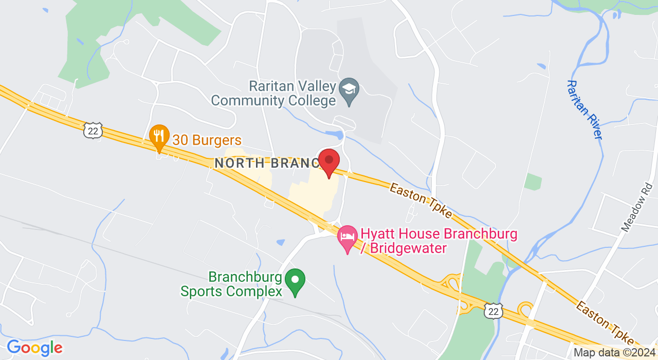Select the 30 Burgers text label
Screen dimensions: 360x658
point(207,140)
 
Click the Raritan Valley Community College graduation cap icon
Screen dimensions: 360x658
point(350,89)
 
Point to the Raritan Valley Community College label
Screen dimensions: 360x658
point(273,93)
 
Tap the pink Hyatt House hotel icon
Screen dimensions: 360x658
point(348,238)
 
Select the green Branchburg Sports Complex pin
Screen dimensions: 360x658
point(295,281)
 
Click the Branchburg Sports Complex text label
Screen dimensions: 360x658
point(231,284)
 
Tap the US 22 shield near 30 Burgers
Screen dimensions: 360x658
point(93,131)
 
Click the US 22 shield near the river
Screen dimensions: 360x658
point(492,311)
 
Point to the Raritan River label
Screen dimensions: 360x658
point(584,109)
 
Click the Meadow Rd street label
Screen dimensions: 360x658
point(636,206)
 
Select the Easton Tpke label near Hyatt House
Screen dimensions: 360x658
point(421,201)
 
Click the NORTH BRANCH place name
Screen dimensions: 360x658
point(267,163)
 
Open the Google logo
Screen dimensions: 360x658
point(34,348)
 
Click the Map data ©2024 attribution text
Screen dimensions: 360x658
point(614,353)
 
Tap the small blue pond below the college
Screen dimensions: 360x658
point(334,135)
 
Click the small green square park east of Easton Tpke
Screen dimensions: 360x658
point(533,182)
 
